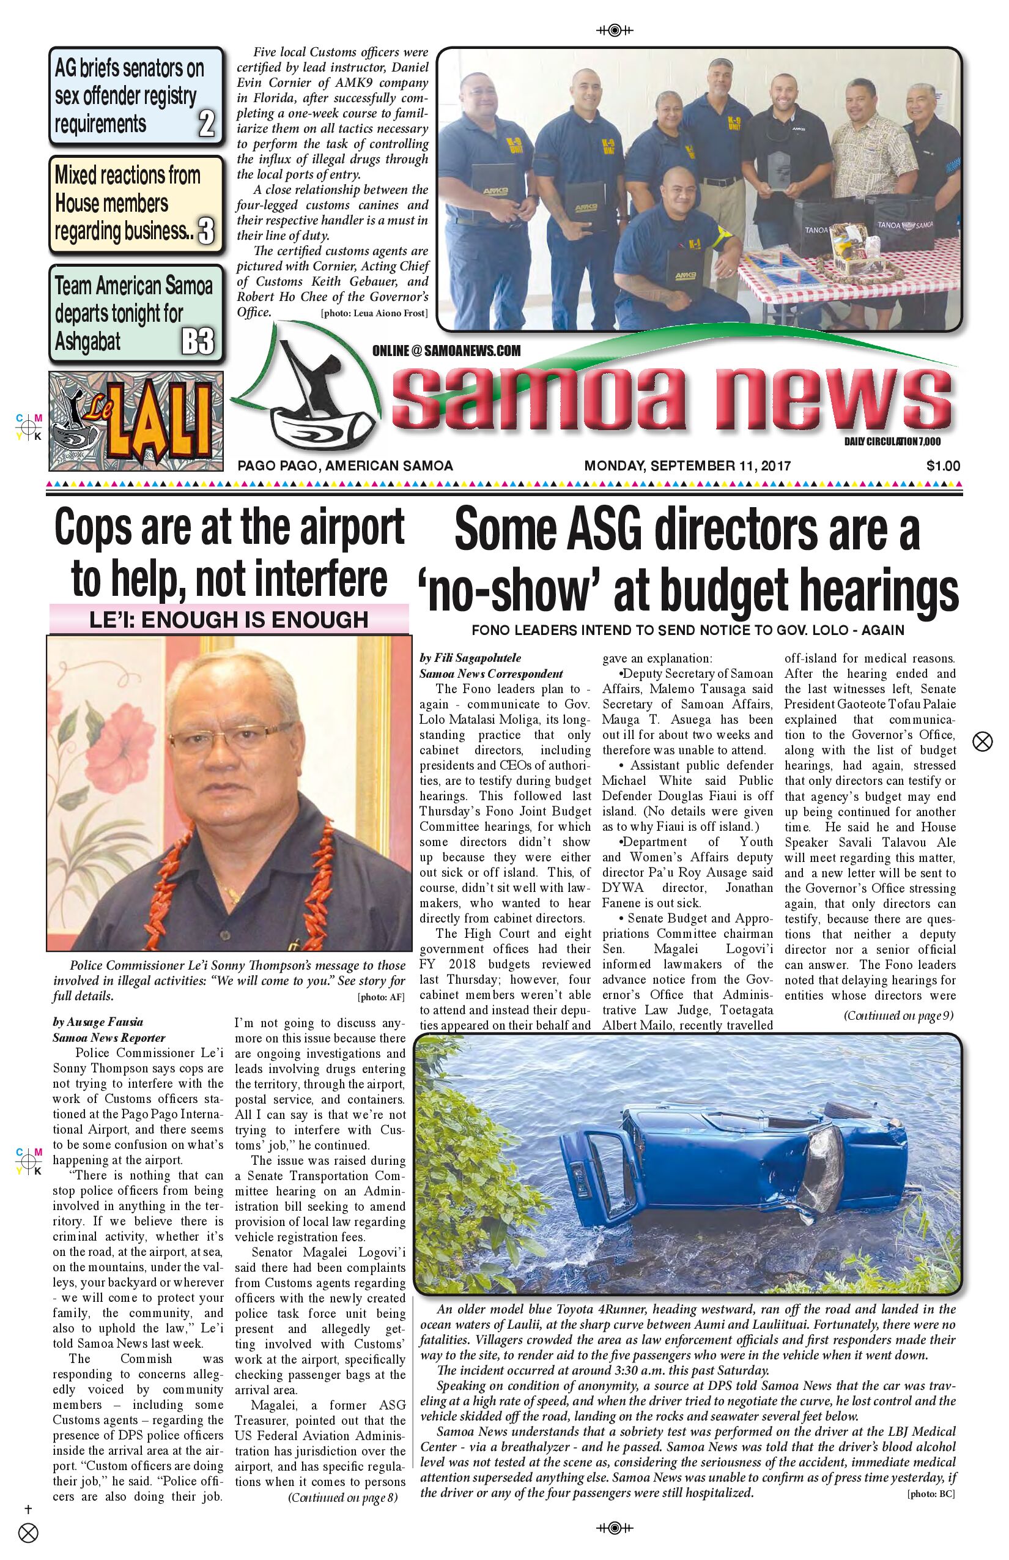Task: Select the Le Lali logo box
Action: [136, 421]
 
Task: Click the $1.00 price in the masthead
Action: [943, 466]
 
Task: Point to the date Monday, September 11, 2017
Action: [687, 466]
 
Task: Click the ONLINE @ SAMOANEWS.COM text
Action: [446, 351]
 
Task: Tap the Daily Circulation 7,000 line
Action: [892, 442]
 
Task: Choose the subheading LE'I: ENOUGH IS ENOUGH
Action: [229, 619]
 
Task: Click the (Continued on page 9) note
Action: [898, 1016]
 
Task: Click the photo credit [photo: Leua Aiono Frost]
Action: [374, 313]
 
